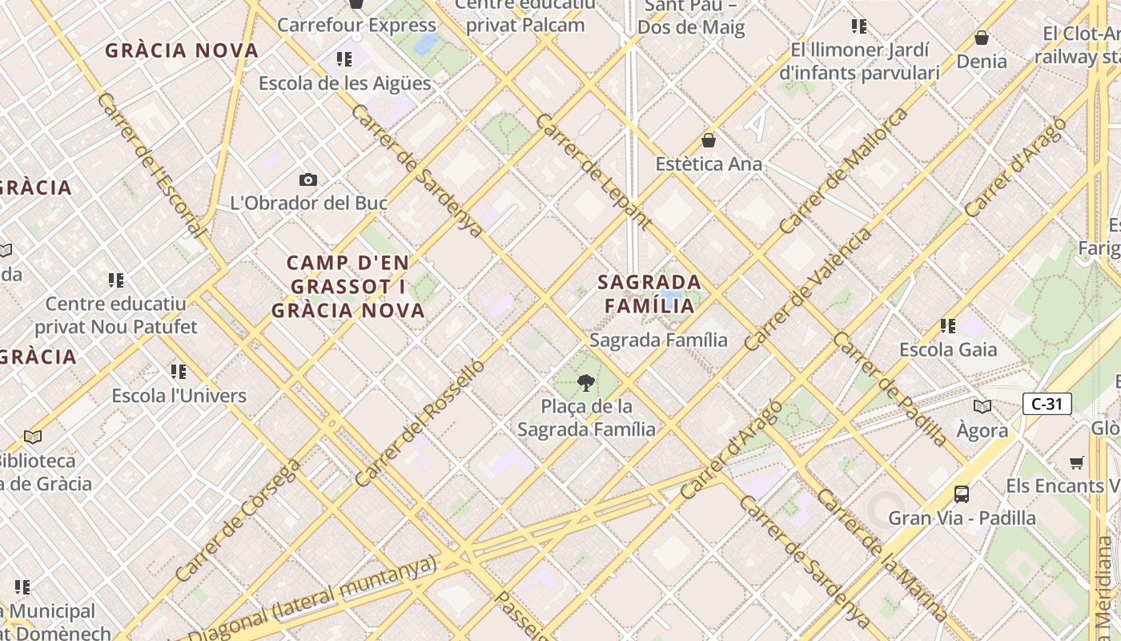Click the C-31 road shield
pos(1047,404)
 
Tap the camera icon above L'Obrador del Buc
pos(307,179)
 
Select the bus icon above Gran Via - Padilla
pos(962,494)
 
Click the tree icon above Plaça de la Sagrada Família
pos(586,382)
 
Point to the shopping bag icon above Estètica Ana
pos(708,140)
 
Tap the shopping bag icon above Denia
pos(981,37)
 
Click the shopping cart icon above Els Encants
pos(1077,462)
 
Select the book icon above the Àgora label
pos(982,406)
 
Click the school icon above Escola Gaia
pos(948,325)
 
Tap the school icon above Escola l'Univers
pos(179,371)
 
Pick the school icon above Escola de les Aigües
pos(344,58)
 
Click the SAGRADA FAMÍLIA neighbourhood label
pos(649,293)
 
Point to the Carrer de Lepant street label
pos(593,171)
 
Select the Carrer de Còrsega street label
pos(239,520)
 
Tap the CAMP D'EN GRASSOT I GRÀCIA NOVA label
pos(348,286)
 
